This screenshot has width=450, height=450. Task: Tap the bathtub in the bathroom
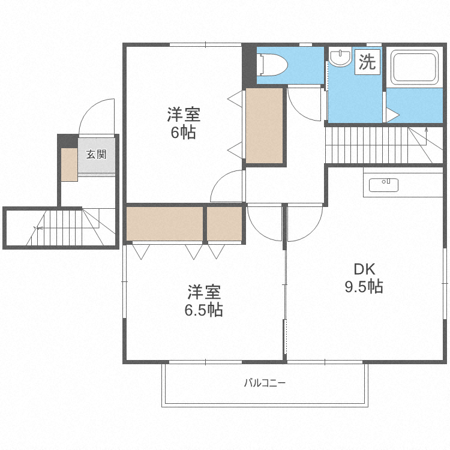coord(414,68)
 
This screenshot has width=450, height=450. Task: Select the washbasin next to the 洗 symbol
coord(341,58)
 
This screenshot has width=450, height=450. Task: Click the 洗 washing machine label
coord(367,62)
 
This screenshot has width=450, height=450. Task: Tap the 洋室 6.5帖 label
coord(204,301)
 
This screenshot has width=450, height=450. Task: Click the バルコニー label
coord(265,383)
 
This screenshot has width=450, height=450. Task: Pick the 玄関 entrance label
coord(97,155)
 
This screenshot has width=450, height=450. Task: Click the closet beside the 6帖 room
coord(264,125)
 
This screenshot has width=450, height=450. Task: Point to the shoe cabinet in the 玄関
coord(68,164)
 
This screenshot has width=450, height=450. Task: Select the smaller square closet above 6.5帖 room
coord(224,223)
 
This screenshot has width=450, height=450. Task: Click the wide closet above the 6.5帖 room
coord(164,223)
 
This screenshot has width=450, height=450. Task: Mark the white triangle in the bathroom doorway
coord(392,115)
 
